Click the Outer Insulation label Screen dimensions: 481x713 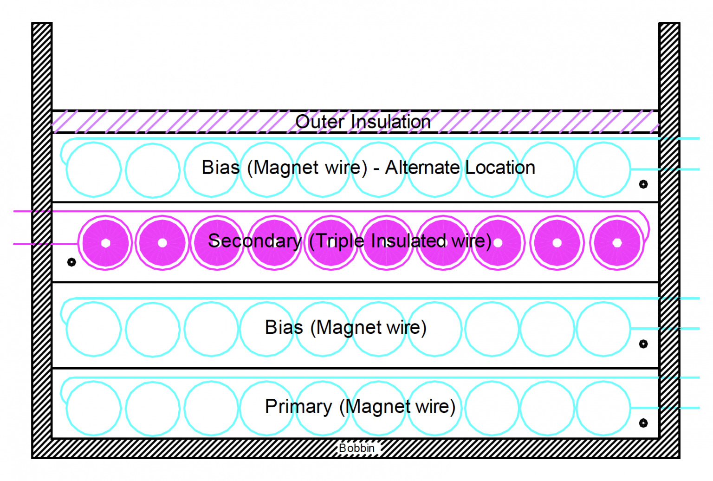(x=363, y=122)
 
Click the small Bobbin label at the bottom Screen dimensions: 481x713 (x=356, y=448)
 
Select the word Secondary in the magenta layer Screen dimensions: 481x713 (x=254, y=241)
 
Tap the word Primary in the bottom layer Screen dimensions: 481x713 (x=298, y=406)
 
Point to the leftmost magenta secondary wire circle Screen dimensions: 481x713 (x=106, y=243)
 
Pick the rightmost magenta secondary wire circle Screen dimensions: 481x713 (x=617, y=243)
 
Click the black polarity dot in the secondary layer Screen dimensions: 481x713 (x=71, y=262)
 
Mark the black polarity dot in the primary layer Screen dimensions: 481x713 (x=643, y=423)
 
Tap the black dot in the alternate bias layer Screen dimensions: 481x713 (x=643, y=184)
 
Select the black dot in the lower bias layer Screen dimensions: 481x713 (x=643, y=344)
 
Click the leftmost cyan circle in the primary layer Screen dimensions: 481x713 (x=94, y=408)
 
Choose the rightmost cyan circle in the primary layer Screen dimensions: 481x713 (x=603, y=408)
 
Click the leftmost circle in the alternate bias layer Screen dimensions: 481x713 (x=94, y=169)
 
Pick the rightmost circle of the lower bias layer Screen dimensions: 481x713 (x=603, y=329)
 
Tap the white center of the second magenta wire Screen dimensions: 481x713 (x=162, y=243)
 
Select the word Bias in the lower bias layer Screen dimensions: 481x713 (x=284, y=327)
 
